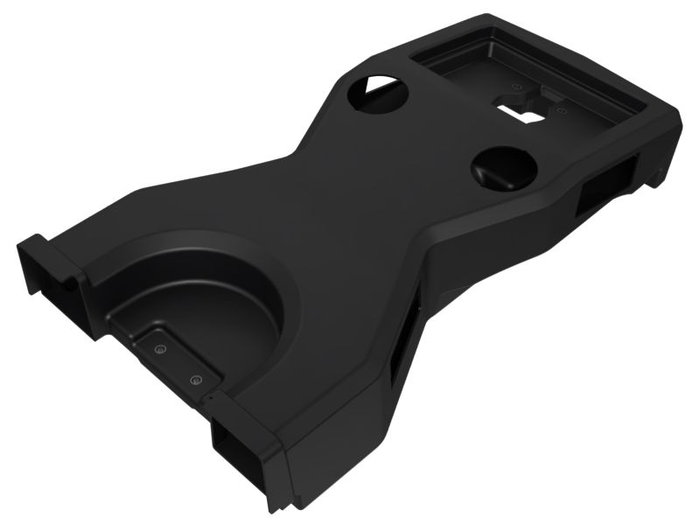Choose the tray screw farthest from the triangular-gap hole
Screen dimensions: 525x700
560,111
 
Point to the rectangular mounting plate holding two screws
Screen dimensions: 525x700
175,359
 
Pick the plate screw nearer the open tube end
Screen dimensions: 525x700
195,380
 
